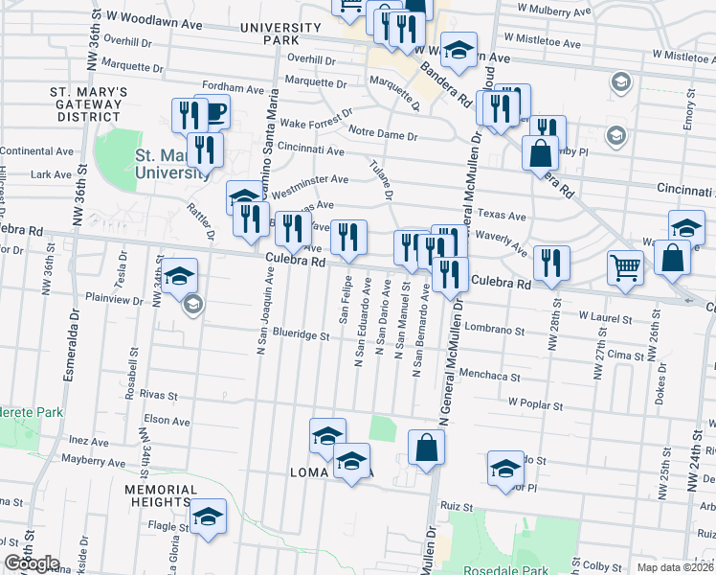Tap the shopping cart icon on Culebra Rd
pos(625,267)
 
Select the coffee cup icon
pos(213,112)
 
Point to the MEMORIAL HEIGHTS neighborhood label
pos(159,495)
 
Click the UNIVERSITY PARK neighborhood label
pos(280,34)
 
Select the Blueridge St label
pos(301,336)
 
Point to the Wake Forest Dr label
pos(310,124)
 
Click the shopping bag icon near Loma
pos(426,446)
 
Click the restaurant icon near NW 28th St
pos(551,263)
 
